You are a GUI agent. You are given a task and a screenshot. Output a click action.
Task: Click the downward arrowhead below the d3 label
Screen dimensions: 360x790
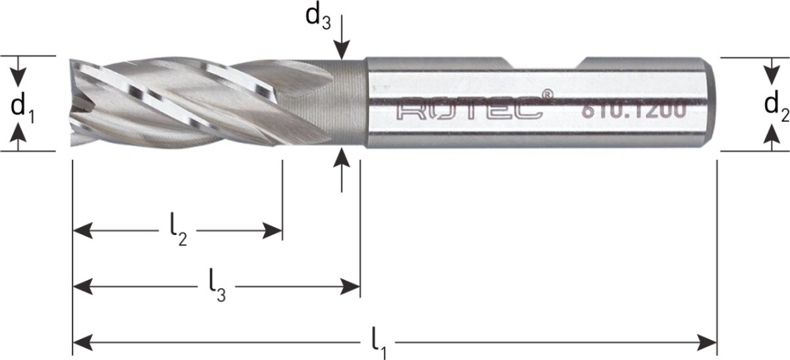(x=341, y=51)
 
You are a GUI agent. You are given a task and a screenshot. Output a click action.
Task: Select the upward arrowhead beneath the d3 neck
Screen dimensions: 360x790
(x=341, y=158)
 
